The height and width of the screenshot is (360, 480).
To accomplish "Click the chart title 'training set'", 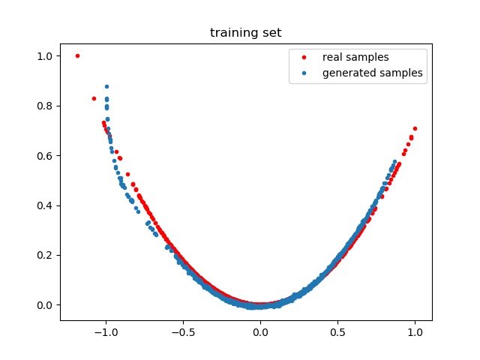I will (245, 32).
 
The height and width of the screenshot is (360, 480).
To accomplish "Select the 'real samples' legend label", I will (355, 57).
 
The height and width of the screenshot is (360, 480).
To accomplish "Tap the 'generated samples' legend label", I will (372, 73).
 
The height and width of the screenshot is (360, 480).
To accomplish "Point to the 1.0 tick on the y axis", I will (45, 55).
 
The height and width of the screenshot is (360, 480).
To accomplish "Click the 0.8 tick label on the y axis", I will (45, 106).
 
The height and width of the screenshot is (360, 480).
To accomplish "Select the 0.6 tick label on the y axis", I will (45, 155).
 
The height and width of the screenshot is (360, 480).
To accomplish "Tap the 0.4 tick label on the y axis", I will (45, 205).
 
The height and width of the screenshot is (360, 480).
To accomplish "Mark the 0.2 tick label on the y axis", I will (45, 255).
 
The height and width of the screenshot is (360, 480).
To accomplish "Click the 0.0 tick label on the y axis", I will (45, 305).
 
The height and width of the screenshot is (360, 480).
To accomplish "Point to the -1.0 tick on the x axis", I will (106, 331).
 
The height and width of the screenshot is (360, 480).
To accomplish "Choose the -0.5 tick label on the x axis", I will (183, 331).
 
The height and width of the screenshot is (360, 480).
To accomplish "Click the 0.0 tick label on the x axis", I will (260, 331).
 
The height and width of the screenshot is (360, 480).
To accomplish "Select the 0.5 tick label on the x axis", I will (337, 331).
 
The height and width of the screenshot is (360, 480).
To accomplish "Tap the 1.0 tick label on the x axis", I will (415, 331).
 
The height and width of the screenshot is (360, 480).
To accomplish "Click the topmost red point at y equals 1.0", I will (77, 55).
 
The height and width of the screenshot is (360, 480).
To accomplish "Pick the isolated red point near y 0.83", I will (94, 98).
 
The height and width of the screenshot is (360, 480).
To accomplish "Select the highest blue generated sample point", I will (106, 86).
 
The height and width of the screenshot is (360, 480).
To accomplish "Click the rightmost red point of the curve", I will (415, 128).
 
